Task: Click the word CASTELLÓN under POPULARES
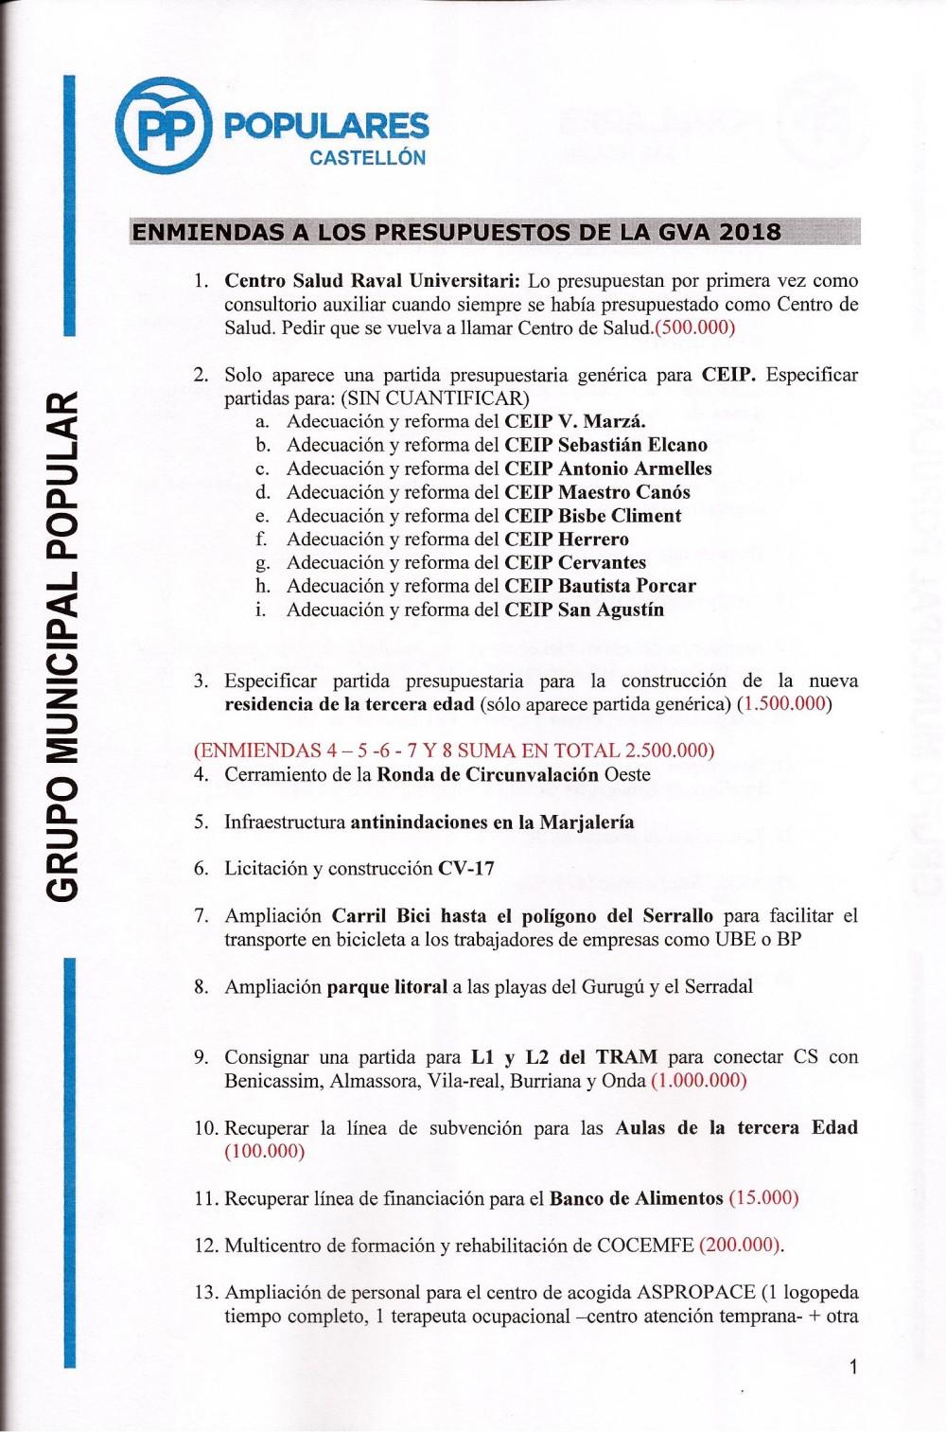tap(368, 158)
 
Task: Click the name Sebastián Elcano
tap(632, 445)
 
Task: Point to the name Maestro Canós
tap(623, 492)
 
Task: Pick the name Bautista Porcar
tap(626, 586)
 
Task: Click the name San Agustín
tap(610, 610)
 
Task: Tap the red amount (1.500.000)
tap(784, 704)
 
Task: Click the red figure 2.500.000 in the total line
tap(667, 751)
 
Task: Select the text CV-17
tap(466, 869)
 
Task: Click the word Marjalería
tap(587, 822)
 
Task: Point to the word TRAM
tap(625, 1057)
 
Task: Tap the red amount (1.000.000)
tap(699, 1081)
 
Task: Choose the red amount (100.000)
tap(265, 1152)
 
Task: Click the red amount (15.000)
tap(763, 1198)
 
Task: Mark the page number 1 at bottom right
tap(853, 1367)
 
